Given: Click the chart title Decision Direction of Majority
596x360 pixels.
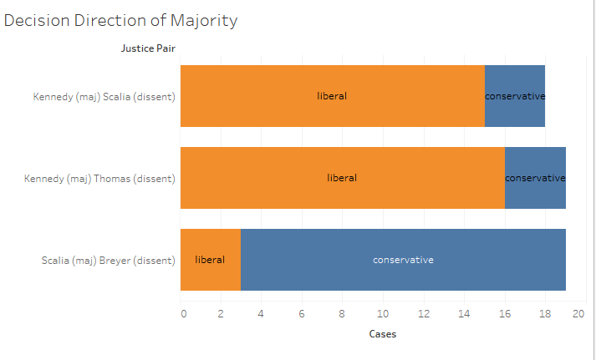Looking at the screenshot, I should coord(121,21).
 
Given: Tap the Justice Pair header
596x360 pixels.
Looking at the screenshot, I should coord(148,48).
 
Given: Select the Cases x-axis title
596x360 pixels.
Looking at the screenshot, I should coord(383,334).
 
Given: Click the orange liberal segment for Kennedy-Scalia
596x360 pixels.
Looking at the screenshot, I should coord(332,96).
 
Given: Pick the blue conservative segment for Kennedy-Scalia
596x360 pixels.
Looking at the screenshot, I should coord(515,96).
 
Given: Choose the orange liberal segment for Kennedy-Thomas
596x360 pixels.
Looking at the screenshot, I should coord(342,178).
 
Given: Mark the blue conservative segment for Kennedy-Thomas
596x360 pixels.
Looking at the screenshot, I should coord(535,178).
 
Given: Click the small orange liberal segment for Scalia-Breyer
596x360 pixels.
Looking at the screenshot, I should coord(210,260).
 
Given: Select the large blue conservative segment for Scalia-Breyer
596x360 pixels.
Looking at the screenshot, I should coord(403,260).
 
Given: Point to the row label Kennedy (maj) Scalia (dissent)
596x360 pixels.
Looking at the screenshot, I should coord(104,97).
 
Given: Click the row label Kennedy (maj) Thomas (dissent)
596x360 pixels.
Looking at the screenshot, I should coord(99,179).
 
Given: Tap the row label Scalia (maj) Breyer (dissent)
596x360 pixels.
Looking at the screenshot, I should coord(109,261).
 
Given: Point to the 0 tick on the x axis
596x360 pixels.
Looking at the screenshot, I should coord(183,314).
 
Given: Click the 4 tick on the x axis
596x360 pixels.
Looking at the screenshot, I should coord(261,314).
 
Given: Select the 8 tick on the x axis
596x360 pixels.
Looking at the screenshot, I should coord(342,314).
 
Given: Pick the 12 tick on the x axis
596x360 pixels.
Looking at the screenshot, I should coord(423,314).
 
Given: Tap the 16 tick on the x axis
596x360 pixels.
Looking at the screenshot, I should coord(504,314).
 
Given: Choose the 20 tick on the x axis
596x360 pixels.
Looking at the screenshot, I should coord(578,314).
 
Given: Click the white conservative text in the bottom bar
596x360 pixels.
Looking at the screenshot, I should coord(403,260).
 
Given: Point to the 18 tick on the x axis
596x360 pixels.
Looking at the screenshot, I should coord(544,314).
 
